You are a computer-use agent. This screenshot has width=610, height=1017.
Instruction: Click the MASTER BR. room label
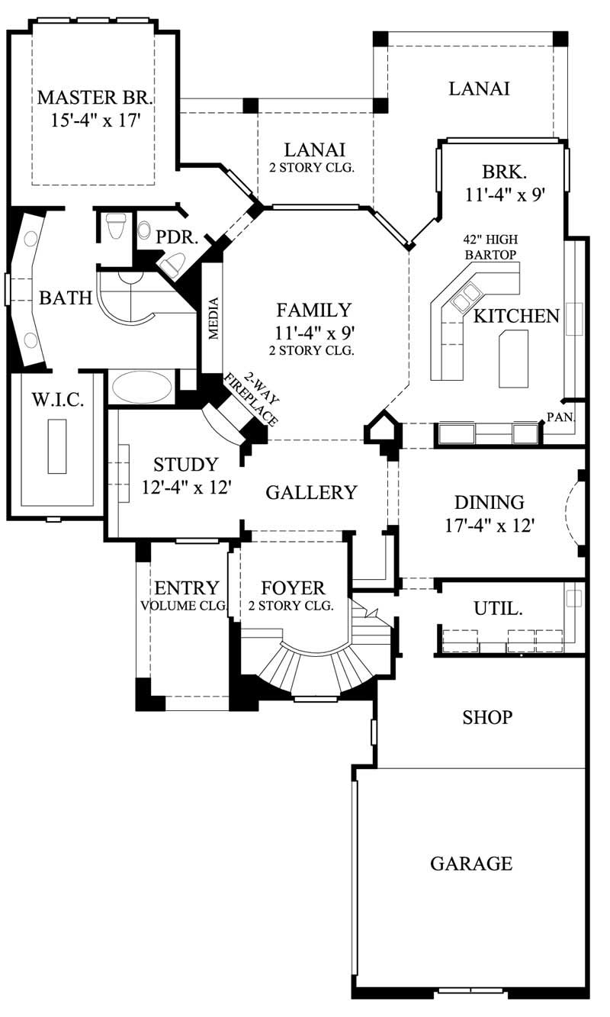click(x=95, y=98)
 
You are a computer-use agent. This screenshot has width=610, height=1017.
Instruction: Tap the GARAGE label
click(x=470, y=864)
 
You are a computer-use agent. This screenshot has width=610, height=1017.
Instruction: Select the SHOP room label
click(x=487, y=718)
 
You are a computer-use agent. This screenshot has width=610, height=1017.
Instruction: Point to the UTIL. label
click(x=498, y=609)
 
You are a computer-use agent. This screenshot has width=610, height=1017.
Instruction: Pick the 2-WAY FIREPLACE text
click(x=252, y=399)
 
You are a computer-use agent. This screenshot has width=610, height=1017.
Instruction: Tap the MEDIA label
click(x=213, y=317)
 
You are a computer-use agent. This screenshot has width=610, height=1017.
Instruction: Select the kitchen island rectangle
click(x=513, y=359)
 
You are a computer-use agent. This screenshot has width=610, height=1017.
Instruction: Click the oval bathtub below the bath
click(x=141, y=387)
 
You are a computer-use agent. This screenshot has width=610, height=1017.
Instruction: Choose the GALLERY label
click(x=311, y=493)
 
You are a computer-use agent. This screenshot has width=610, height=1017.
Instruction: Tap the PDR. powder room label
click(x=177, y=237)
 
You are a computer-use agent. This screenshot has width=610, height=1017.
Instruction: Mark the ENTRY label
click(x=187, y=588)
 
